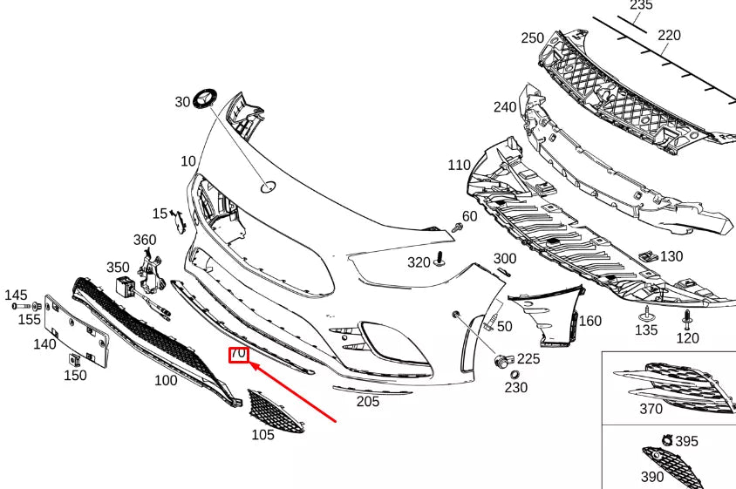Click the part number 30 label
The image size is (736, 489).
click(182, 102)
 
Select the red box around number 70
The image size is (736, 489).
click(238, 354)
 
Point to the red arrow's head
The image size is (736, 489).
click(253, 367)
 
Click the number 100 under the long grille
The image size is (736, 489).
click(166, 380)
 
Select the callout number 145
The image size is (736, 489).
click(16, 295)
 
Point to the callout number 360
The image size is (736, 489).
click(145, 240)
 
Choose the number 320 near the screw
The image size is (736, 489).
click(419, 262)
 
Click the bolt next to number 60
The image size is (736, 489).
click(457, 227)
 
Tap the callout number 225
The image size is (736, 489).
click(528, 358)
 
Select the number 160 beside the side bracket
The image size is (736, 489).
click(590, 321)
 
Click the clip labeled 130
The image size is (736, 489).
click(648, 256)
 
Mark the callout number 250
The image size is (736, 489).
click(532, 38)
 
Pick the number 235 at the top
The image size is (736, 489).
click(641, 5)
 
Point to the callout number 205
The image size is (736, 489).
click(368, 401)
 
